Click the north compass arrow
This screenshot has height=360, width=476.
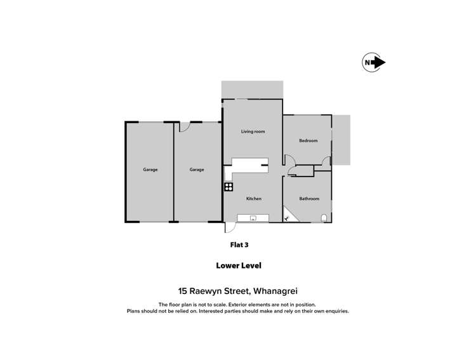coord(374,62)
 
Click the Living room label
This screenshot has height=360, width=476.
coord(253,131)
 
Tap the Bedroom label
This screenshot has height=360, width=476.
coord(308,140)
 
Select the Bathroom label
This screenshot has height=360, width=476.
coord(309,199)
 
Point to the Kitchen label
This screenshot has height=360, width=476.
coord(254,199)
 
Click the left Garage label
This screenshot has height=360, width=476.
coord(150,170)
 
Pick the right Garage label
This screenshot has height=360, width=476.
coord(197,170)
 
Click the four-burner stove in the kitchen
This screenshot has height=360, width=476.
coord(228,187)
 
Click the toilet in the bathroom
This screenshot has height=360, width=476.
coord(325,218)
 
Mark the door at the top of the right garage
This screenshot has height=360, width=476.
coord(184,127)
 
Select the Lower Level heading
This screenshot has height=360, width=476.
coord(237,266)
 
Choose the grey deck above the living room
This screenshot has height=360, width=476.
coord(252,90)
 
